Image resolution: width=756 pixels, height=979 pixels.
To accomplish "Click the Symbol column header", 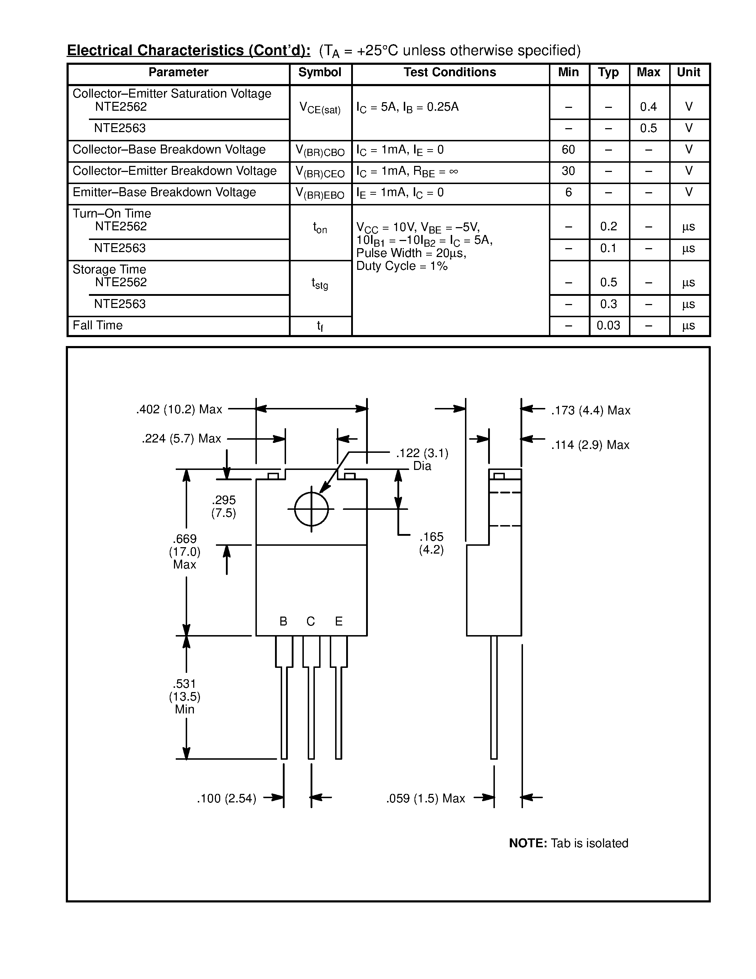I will [x=319, y=73].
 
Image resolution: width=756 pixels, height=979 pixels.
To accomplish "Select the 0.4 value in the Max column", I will [x=648, y=107].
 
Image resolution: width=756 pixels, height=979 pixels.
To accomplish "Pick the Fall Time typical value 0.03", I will [x=608, y=325].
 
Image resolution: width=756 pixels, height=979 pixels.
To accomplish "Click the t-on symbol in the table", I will [x=320, y=228].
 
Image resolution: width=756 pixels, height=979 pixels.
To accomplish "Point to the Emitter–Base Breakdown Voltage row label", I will [x=164, y=192].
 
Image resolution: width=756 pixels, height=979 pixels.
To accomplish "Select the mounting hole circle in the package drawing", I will [x=311, y=509].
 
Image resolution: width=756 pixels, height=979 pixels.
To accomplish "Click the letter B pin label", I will [x=283, y=621].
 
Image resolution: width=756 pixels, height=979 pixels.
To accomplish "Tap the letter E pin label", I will [x=339, y=621].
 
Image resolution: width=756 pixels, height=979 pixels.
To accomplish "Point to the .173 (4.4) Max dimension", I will [x=590, y=410].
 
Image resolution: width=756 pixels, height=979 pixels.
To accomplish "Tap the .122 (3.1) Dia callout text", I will [x=422, y=460].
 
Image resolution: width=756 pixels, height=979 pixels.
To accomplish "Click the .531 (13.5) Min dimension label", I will [x=185, y=697].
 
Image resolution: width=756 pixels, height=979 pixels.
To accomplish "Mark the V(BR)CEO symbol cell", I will [x=320, y=173].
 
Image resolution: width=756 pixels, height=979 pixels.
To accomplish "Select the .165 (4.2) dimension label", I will [x=431, y=543].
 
